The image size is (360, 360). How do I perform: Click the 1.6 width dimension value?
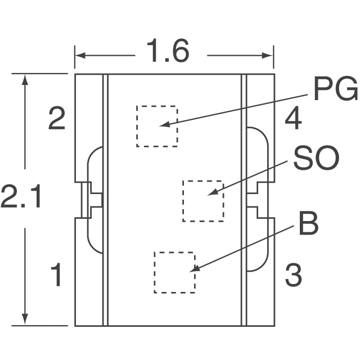167,52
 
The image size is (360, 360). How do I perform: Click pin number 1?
56,276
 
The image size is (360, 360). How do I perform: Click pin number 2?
56,119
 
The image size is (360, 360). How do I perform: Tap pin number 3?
293,276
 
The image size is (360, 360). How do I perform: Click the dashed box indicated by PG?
156,126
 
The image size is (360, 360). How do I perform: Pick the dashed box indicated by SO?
202,201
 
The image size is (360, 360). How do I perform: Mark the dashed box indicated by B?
174,272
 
